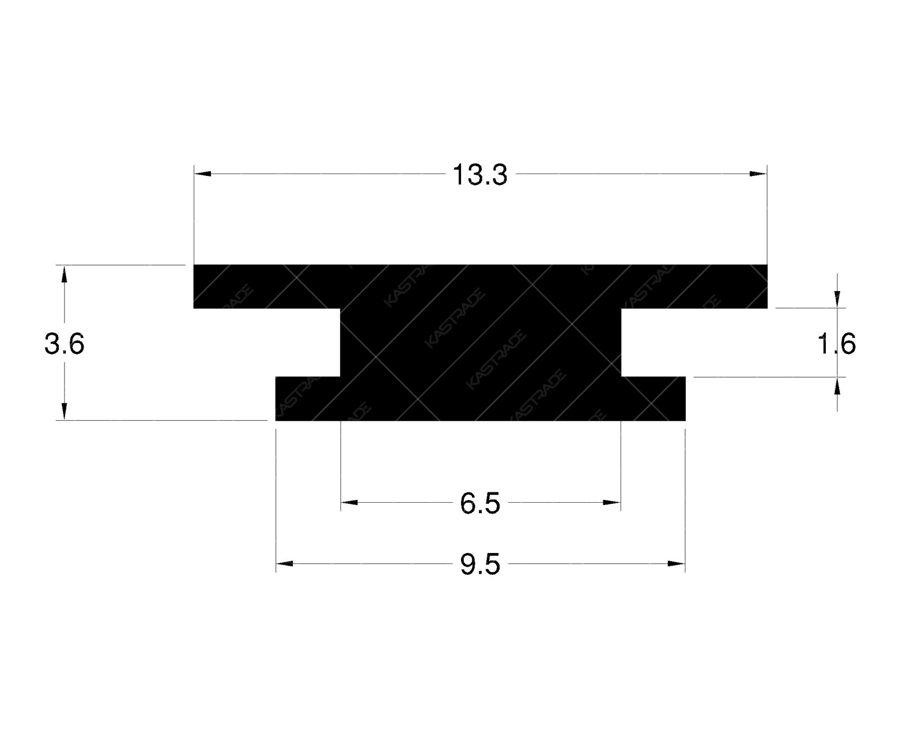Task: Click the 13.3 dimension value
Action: pos(479,175)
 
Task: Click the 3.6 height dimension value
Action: pos(65,345)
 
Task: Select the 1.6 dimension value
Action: pos(837,345)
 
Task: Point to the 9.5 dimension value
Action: pos(479,565)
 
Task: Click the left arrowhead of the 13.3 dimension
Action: pos(202,174)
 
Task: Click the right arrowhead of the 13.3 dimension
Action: pos(758,174)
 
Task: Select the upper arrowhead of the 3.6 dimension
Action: pos(64,274)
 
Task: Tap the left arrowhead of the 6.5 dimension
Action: pos(349,503)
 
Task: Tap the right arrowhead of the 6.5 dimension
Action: pos(611,503)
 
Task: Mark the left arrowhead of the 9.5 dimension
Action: pos(285,563)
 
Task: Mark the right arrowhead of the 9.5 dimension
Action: pos(676,563)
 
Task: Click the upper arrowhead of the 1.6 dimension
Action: pos(837,299)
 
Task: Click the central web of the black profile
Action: pos(481,342)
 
